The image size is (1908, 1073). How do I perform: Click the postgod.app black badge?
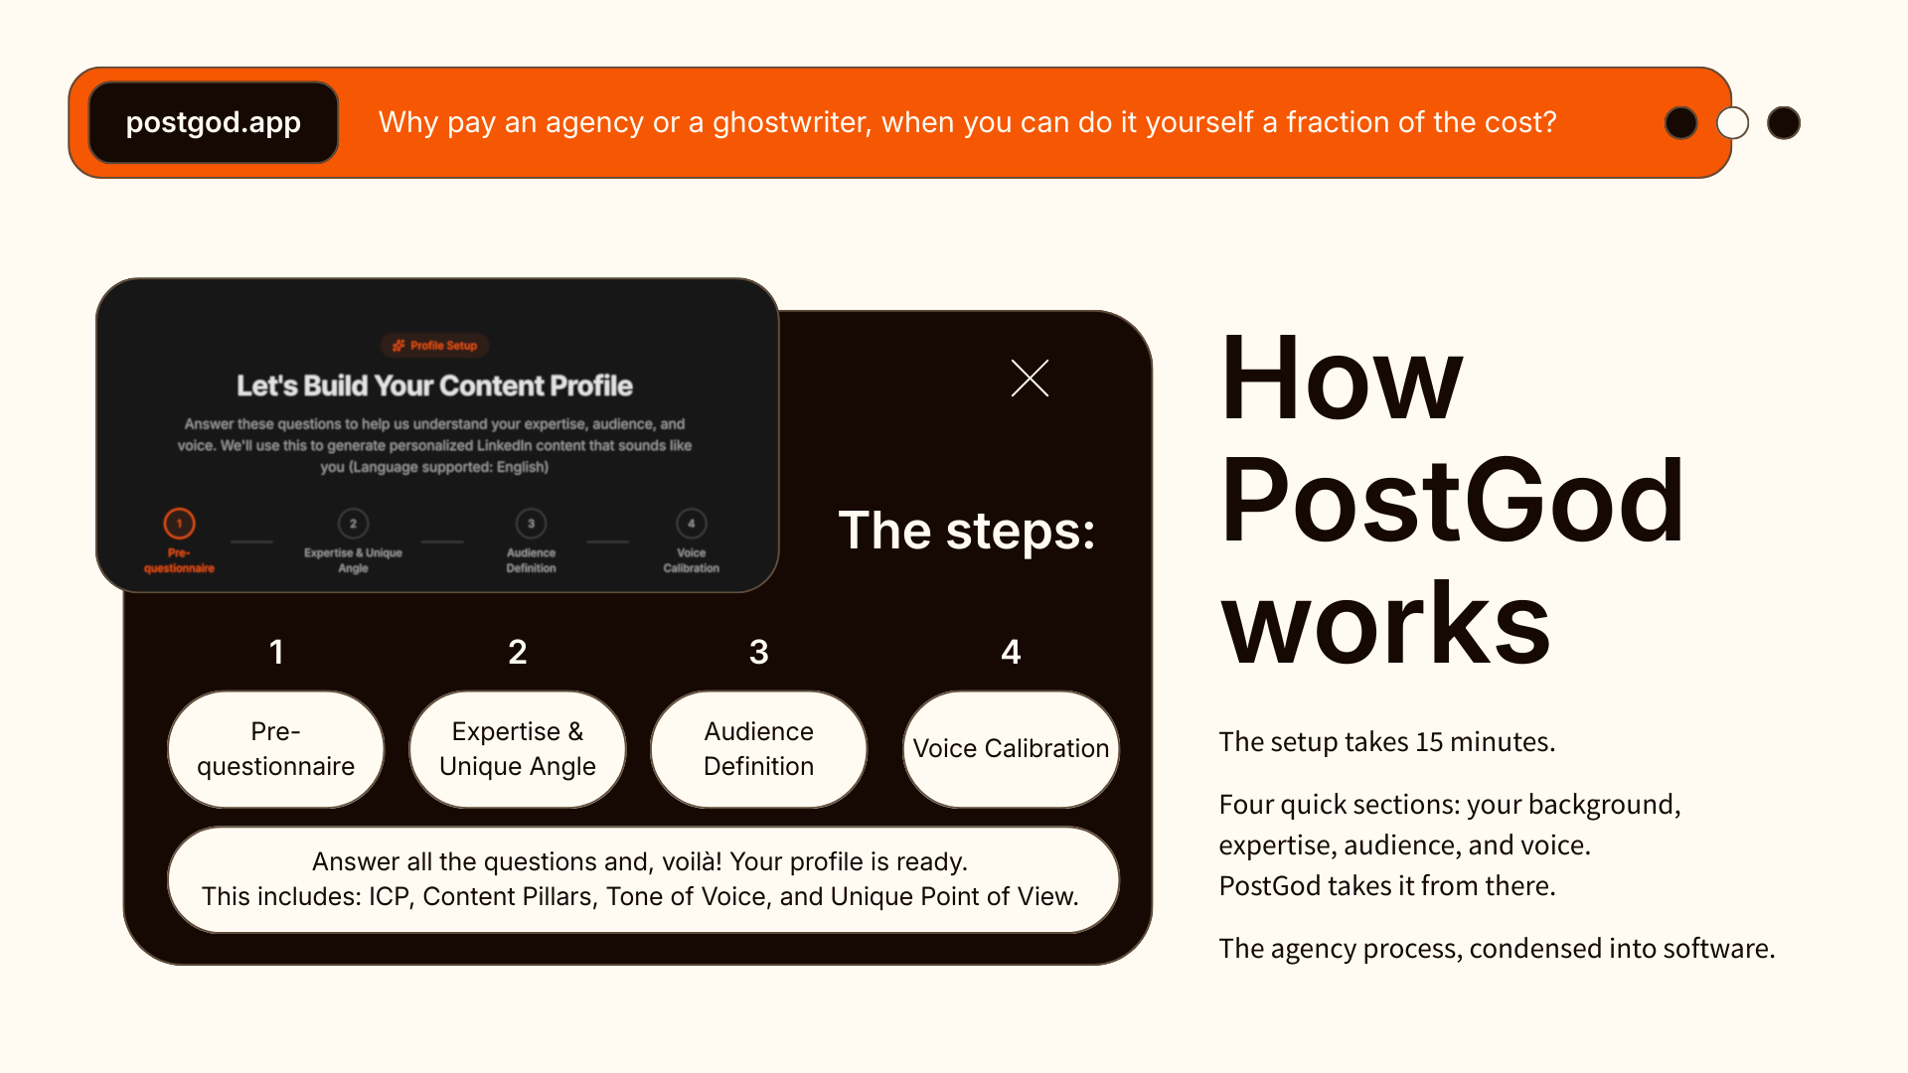tap(214, 122)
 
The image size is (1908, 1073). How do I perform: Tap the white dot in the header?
tap(1732, 123)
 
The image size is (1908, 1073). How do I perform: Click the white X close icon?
tap(1030, 378)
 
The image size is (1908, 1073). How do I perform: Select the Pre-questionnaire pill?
tap(275, 749)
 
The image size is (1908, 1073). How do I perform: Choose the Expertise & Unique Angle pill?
tap(517, 749)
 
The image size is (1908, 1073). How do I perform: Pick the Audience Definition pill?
tap(758, 749)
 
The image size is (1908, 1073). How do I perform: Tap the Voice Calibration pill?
tap(1011, 749)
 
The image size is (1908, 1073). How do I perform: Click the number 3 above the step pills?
tap(758, 652)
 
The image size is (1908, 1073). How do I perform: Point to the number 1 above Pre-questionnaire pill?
tap(276, 652)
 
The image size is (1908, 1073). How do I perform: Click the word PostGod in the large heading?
tap(1451, 502)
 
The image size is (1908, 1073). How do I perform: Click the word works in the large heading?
tap(1385, 624)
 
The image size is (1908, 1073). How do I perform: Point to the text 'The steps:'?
tap(966, 531)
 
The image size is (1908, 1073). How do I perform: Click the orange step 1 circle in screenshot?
tap(179, 523)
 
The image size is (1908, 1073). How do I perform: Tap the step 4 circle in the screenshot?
tap(692, 523)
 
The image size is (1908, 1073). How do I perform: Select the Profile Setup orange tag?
tap(435, 346)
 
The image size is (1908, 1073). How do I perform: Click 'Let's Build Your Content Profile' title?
tap(434, 385)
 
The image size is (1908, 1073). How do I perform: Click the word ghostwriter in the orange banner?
tap(792, 122)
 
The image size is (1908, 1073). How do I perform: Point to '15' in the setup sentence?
tap(1429, 742)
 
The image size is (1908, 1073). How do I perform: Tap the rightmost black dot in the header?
tap(1784, 123)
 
